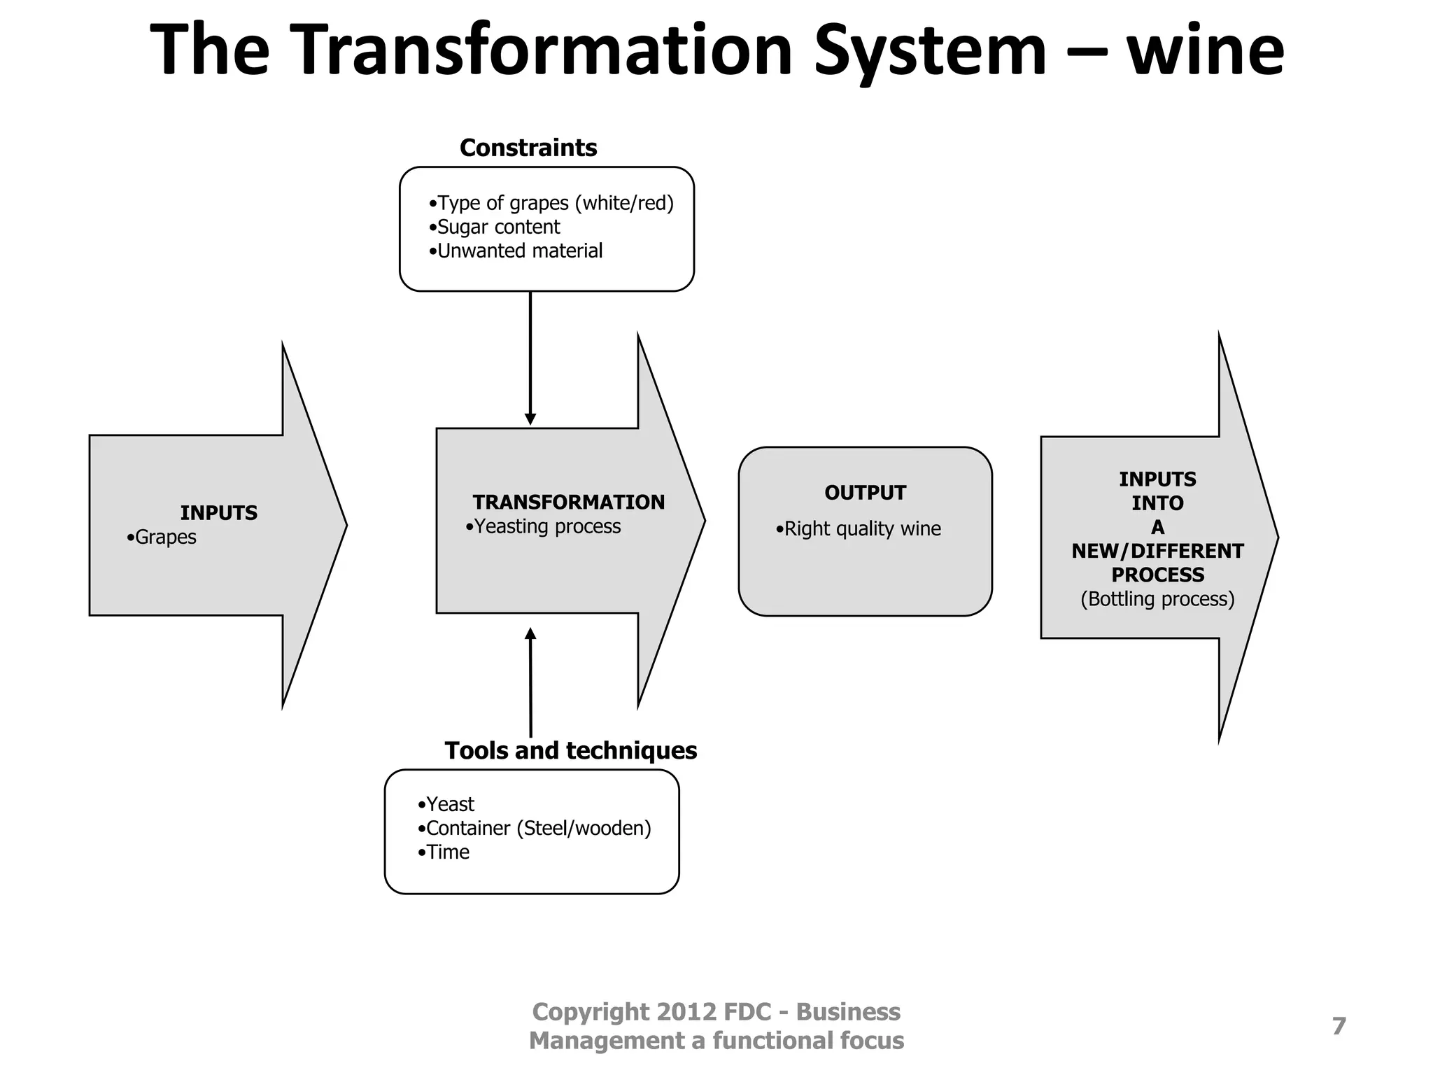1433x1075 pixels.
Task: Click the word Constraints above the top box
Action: point(528,148)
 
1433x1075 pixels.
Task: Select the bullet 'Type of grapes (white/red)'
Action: point(551,203)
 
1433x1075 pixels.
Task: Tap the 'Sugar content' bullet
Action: point(495,227)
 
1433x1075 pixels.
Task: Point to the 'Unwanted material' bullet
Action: point(516,251)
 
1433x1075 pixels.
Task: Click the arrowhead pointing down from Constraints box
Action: point(530,419)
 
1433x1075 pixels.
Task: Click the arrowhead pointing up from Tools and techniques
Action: point(530,634)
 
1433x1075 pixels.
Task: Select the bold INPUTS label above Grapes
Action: point(219,513)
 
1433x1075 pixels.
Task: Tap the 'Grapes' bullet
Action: point(162,537)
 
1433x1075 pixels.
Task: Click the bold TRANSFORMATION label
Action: point(568,502)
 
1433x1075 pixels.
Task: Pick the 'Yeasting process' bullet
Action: point(544,526)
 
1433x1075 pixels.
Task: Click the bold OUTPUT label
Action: point(865,493)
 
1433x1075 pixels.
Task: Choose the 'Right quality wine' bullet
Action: point(859,528)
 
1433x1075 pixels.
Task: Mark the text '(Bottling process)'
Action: point(1157,599)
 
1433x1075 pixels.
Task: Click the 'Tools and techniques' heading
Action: point(571,750)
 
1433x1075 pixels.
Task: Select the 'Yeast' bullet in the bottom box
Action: point(446,804)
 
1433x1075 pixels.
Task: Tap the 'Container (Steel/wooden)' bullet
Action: point(535,828)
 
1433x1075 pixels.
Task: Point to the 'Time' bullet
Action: point(444,852)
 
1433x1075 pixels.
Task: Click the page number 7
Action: point(1339,1026)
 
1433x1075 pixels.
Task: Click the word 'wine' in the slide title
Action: point(1205,50)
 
